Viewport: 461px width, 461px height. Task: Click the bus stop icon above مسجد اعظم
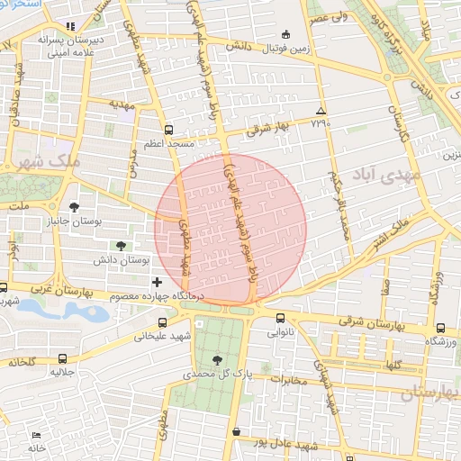(168, 129)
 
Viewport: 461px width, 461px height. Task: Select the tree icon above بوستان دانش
(121, 244)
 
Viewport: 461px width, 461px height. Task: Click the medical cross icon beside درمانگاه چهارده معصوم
(158, 283)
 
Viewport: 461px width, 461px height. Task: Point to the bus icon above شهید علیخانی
(162, 322)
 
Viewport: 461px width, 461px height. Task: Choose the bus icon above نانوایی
(280, 318)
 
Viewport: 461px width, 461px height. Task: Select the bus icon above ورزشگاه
(440, 329)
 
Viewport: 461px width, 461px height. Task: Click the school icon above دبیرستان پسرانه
(72, 25)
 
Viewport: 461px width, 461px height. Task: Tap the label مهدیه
(121, 104)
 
